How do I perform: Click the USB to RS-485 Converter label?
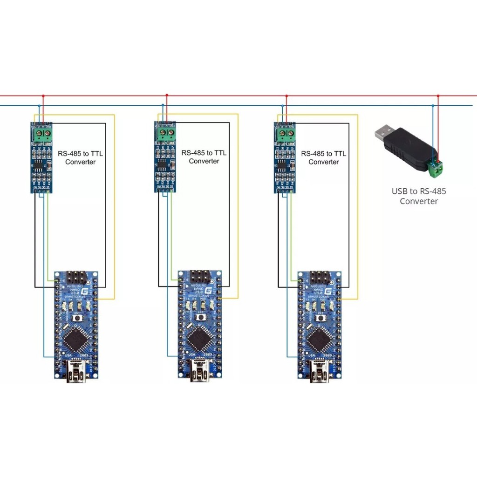tap(419, 196)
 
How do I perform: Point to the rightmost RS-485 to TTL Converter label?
tap(323, 157)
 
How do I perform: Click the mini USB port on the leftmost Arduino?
tap(76, 373)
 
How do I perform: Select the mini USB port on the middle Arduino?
tap(200, 373)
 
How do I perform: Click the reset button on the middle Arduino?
tap(201, 317)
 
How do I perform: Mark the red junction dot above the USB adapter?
tap(438, 96)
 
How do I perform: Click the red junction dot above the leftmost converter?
tap(43, 96)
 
